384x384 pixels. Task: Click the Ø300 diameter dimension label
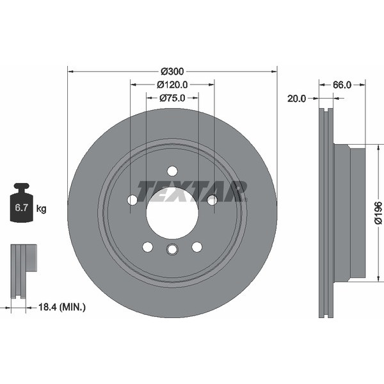[x=173, y=70]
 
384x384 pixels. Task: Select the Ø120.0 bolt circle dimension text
[x=172, y=84]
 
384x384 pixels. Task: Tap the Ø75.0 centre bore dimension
[x=172, y=98]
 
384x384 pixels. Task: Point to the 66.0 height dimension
[x=342, y=84]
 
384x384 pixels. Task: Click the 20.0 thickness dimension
[x=298, y=99]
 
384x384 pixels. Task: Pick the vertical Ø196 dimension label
[x=378, y=212]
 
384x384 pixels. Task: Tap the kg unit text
[x=42, y=209]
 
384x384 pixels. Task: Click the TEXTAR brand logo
[x=192, y=191]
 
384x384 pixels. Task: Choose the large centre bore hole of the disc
[x=172, y=213]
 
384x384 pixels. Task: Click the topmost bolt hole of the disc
[x=172, y=171]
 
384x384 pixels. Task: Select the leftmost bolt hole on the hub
[x=132, y=200]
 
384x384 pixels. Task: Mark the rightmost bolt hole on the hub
[x=212, y=200]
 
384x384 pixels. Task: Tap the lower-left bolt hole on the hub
[x=148, y=247]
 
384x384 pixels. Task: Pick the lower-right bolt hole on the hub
[x=196, y=247]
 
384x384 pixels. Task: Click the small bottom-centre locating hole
[x=172, y=250]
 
